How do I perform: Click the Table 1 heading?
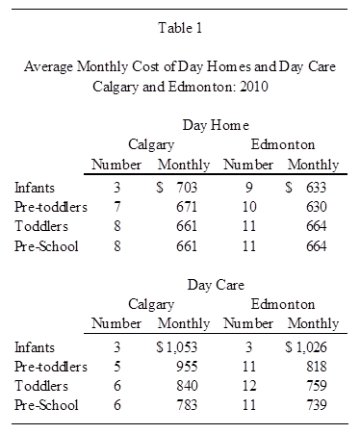point(180,28)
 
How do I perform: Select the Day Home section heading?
point(216,125)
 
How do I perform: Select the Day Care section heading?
point(216,285)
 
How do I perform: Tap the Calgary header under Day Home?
point(151,144)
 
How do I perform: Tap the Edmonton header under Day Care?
point(283,304)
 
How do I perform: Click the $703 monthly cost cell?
point(176,188)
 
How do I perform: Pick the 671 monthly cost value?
point(187,207)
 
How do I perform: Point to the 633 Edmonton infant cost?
point(316,188)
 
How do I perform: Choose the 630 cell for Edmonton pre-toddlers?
point(316,207)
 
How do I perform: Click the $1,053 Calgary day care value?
point(176,347)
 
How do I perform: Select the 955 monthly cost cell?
point(187,367)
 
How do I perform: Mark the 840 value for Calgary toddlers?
point(187,386)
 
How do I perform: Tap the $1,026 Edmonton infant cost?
point(306,347)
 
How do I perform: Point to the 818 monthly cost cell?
point(316,367)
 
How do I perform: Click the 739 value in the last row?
point(316,405)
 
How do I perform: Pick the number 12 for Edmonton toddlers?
point(249,386)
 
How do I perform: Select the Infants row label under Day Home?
point(35,188)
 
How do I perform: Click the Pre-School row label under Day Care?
point(46,405)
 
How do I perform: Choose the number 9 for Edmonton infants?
point(249,188)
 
